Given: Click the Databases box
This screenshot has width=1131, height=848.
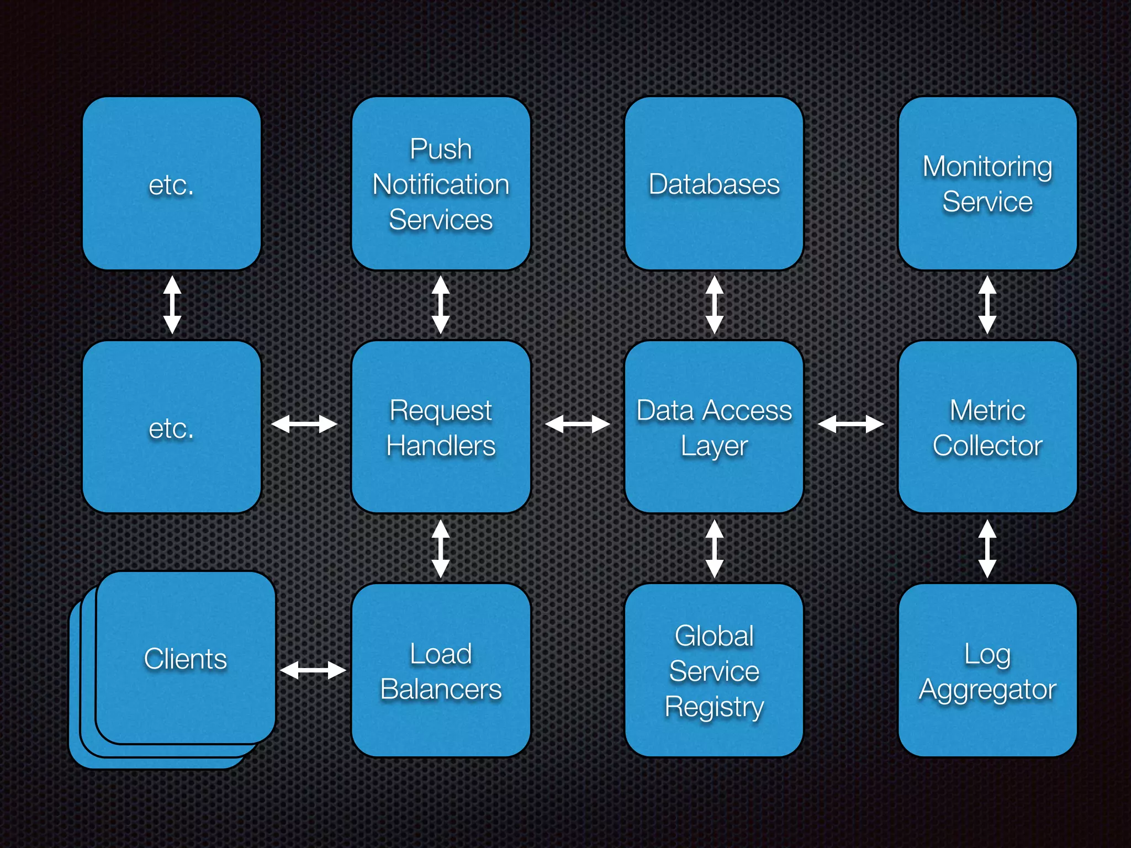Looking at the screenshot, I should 714,184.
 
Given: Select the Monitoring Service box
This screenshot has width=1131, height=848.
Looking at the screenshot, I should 987,184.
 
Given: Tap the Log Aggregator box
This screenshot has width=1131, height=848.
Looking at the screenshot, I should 987,670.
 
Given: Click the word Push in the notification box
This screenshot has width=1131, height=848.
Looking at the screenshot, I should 441,149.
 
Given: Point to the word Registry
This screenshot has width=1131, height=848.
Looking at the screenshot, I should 714,707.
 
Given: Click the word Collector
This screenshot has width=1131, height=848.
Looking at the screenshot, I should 987,446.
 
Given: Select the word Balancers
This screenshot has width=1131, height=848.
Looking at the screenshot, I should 441,689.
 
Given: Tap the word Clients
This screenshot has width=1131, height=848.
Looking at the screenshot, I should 186,659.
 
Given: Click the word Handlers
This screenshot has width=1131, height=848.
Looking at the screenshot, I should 441,446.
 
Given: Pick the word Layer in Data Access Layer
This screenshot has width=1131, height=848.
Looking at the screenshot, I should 714,446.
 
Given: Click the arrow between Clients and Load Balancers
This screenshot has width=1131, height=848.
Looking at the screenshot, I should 313,670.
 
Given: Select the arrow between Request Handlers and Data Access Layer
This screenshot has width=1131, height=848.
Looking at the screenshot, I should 577,424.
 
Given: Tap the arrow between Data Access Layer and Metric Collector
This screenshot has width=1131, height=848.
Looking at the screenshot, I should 850,424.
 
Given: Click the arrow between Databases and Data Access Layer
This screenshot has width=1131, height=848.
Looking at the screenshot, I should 715,305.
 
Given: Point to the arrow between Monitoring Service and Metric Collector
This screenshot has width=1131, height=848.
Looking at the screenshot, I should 987,305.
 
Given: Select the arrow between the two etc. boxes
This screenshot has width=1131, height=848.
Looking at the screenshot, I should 172,305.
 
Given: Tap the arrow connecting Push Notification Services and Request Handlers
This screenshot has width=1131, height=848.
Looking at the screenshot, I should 440,305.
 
